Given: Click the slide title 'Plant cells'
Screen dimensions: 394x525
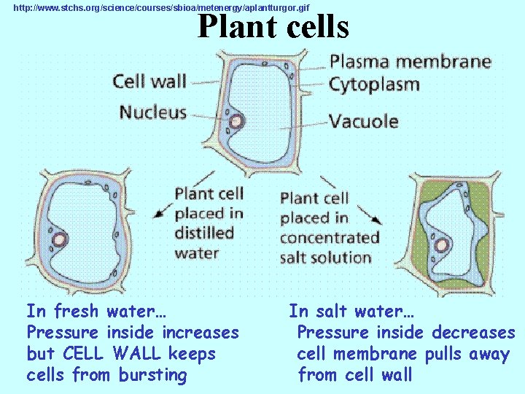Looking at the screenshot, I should [x=273, y=27].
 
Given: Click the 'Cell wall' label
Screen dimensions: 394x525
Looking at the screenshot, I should [x=149, y=80].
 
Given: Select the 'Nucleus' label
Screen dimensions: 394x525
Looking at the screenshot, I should [x=153, y=113].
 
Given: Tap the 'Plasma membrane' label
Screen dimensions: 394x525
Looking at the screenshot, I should [x=410, y=61].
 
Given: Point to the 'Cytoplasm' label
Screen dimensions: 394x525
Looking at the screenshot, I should [x=375, y=85].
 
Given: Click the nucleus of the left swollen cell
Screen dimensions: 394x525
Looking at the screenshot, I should [x=58, y=239].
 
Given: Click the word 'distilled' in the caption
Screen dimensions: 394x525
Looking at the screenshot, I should [x=204, y=233].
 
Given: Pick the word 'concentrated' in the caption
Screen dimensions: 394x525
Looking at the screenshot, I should [x=330, y=238].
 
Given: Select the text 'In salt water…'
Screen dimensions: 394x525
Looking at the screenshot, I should [x=351, y=312].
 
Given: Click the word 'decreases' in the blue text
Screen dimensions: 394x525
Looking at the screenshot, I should [x=473, y=333].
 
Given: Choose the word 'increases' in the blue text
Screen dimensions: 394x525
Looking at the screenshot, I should [x=201, y=333].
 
